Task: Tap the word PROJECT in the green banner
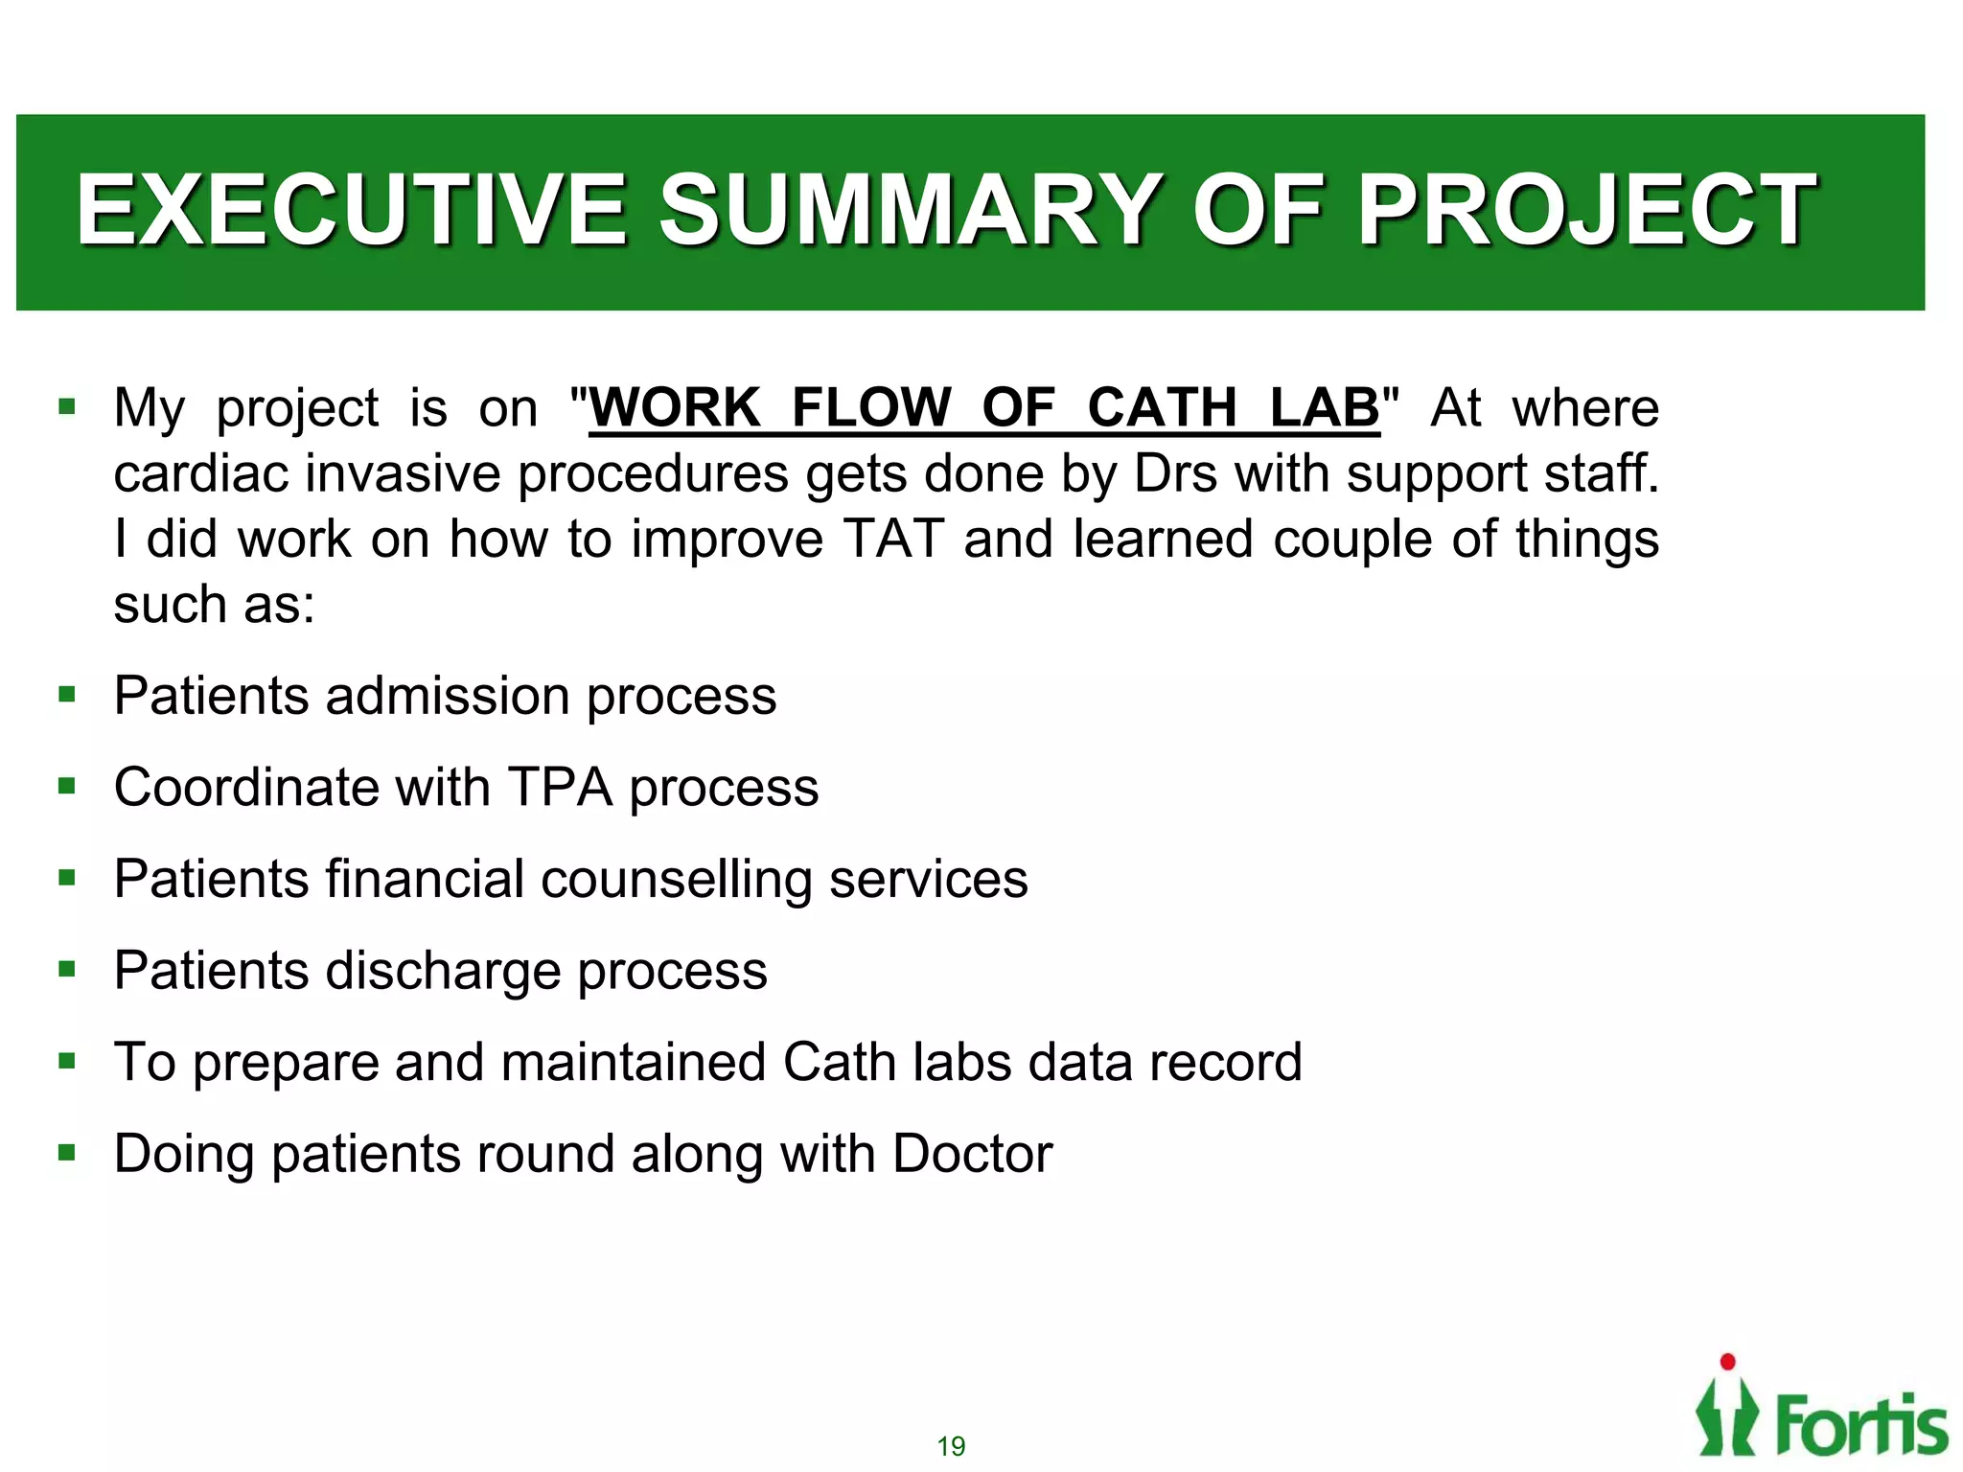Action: (1586, 210)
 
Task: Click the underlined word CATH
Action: (1162, 407)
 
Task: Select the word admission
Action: (448, 696)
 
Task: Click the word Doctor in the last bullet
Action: (972, 1154)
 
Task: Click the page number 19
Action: (951, 1446)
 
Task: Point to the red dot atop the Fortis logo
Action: (1728, 1362)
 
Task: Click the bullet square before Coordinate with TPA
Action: (66, 787)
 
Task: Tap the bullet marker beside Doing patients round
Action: (66, 1153)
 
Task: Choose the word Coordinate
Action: (246, 788)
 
